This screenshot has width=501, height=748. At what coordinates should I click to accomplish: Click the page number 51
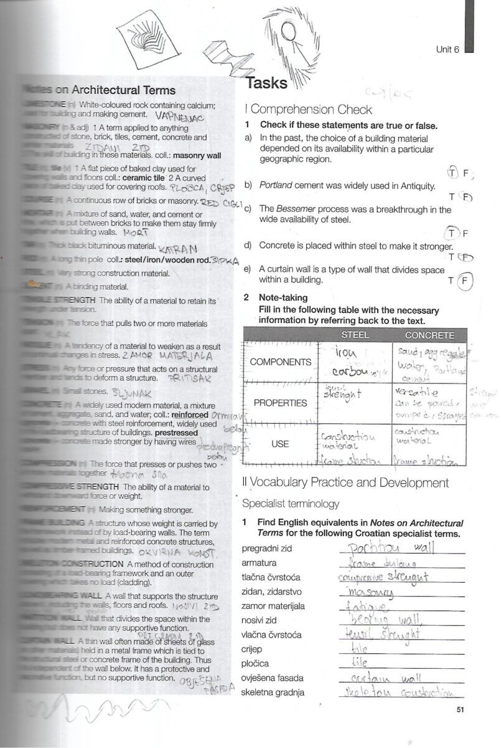(461, 709)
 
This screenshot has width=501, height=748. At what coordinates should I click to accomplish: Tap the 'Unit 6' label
(447, 50)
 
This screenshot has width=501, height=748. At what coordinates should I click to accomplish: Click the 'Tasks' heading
(266, 84)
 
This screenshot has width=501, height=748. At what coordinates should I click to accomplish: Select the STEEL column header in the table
(355, 335)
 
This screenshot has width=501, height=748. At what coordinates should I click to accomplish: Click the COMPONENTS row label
(280, 362)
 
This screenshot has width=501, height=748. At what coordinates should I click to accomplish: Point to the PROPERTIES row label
(280, 403)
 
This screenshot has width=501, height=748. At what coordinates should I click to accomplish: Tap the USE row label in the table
(280, 444)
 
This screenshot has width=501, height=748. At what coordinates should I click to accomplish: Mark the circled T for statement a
(452, 172)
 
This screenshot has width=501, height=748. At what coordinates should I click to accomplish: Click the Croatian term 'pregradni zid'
(266, 549)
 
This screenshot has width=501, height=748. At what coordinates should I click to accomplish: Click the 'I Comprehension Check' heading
(308, 110)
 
